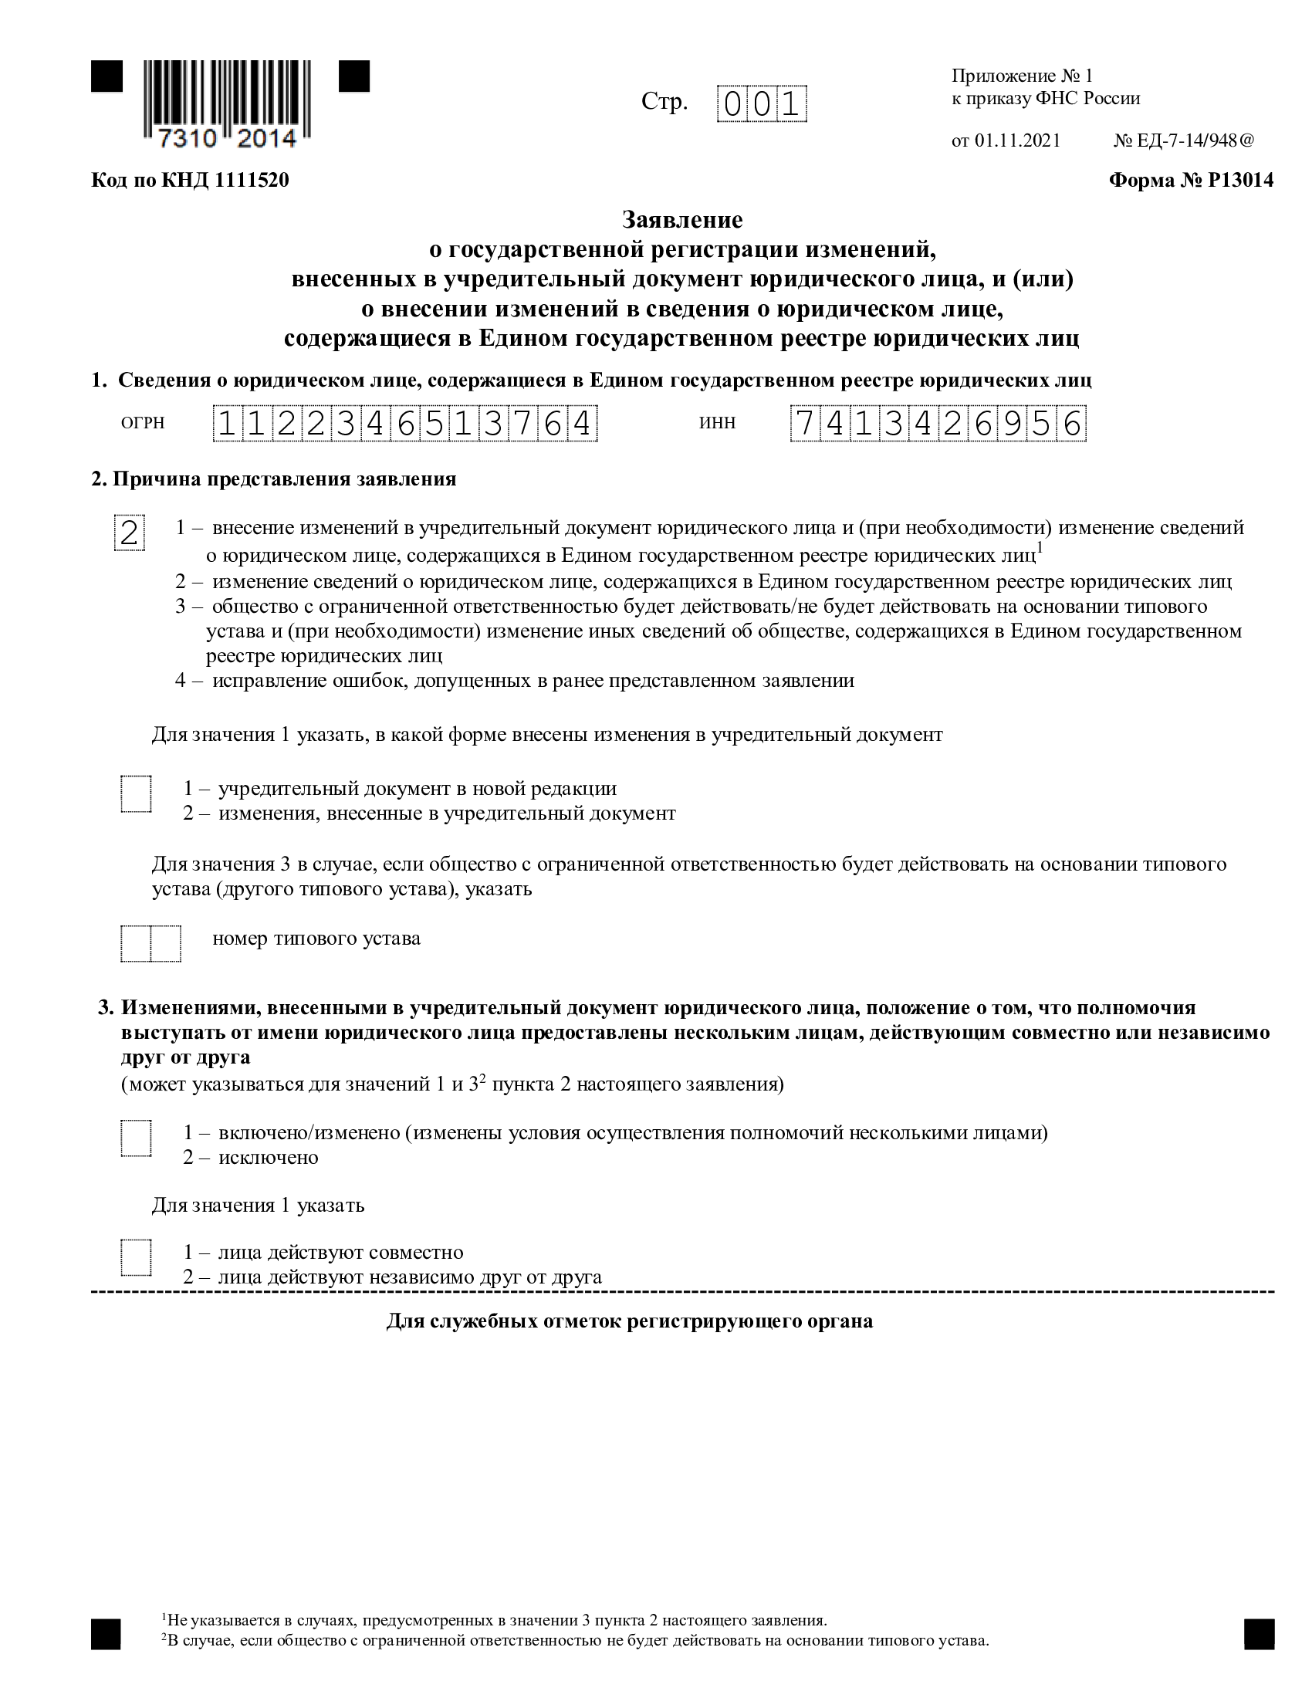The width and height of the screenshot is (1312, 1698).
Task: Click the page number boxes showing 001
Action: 762,104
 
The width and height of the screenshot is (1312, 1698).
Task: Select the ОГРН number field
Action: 405,424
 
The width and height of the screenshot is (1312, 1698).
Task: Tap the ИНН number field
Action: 938,424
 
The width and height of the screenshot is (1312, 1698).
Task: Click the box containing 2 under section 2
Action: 129,533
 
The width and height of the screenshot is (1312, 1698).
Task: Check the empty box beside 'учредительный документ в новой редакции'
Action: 136,793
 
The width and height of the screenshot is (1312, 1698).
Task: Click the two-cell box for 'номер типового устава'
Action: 150,944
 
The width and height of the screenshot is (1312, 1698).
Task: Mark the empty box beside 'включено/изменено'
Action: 136,1138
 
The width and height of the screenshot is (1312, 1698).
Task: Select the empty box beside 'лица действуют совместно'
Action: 136,1257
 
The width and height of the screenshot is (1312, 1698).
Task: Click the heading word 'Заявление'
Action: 681,220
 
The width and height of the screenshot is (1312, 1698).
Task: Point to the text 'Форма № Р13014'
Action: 1191,181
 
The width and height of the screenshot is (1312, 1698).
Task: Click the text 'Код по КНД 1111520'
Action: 191,181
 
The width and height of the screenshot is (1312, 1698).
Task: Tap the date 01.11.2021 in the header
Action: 1017,140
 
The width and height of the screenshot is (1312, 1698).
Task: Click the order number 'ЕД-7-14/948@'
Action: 1195,140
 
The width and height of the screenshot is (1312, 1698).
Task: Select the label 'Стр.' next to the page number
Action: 664,102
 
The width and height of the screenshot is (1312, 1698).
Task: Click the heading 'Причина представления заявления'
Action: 284,479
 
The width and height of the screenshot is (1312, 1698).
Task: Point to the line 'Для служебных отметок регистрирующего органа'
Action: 630,1321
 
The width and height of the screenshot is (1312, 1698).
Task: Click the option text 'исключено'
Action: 268,1158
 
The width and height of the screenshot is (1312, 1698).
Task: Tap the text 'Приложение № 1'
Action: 1022,76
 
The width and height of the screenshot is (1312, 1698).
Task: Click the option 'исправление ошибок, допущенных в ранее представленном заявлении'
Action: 533,681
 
